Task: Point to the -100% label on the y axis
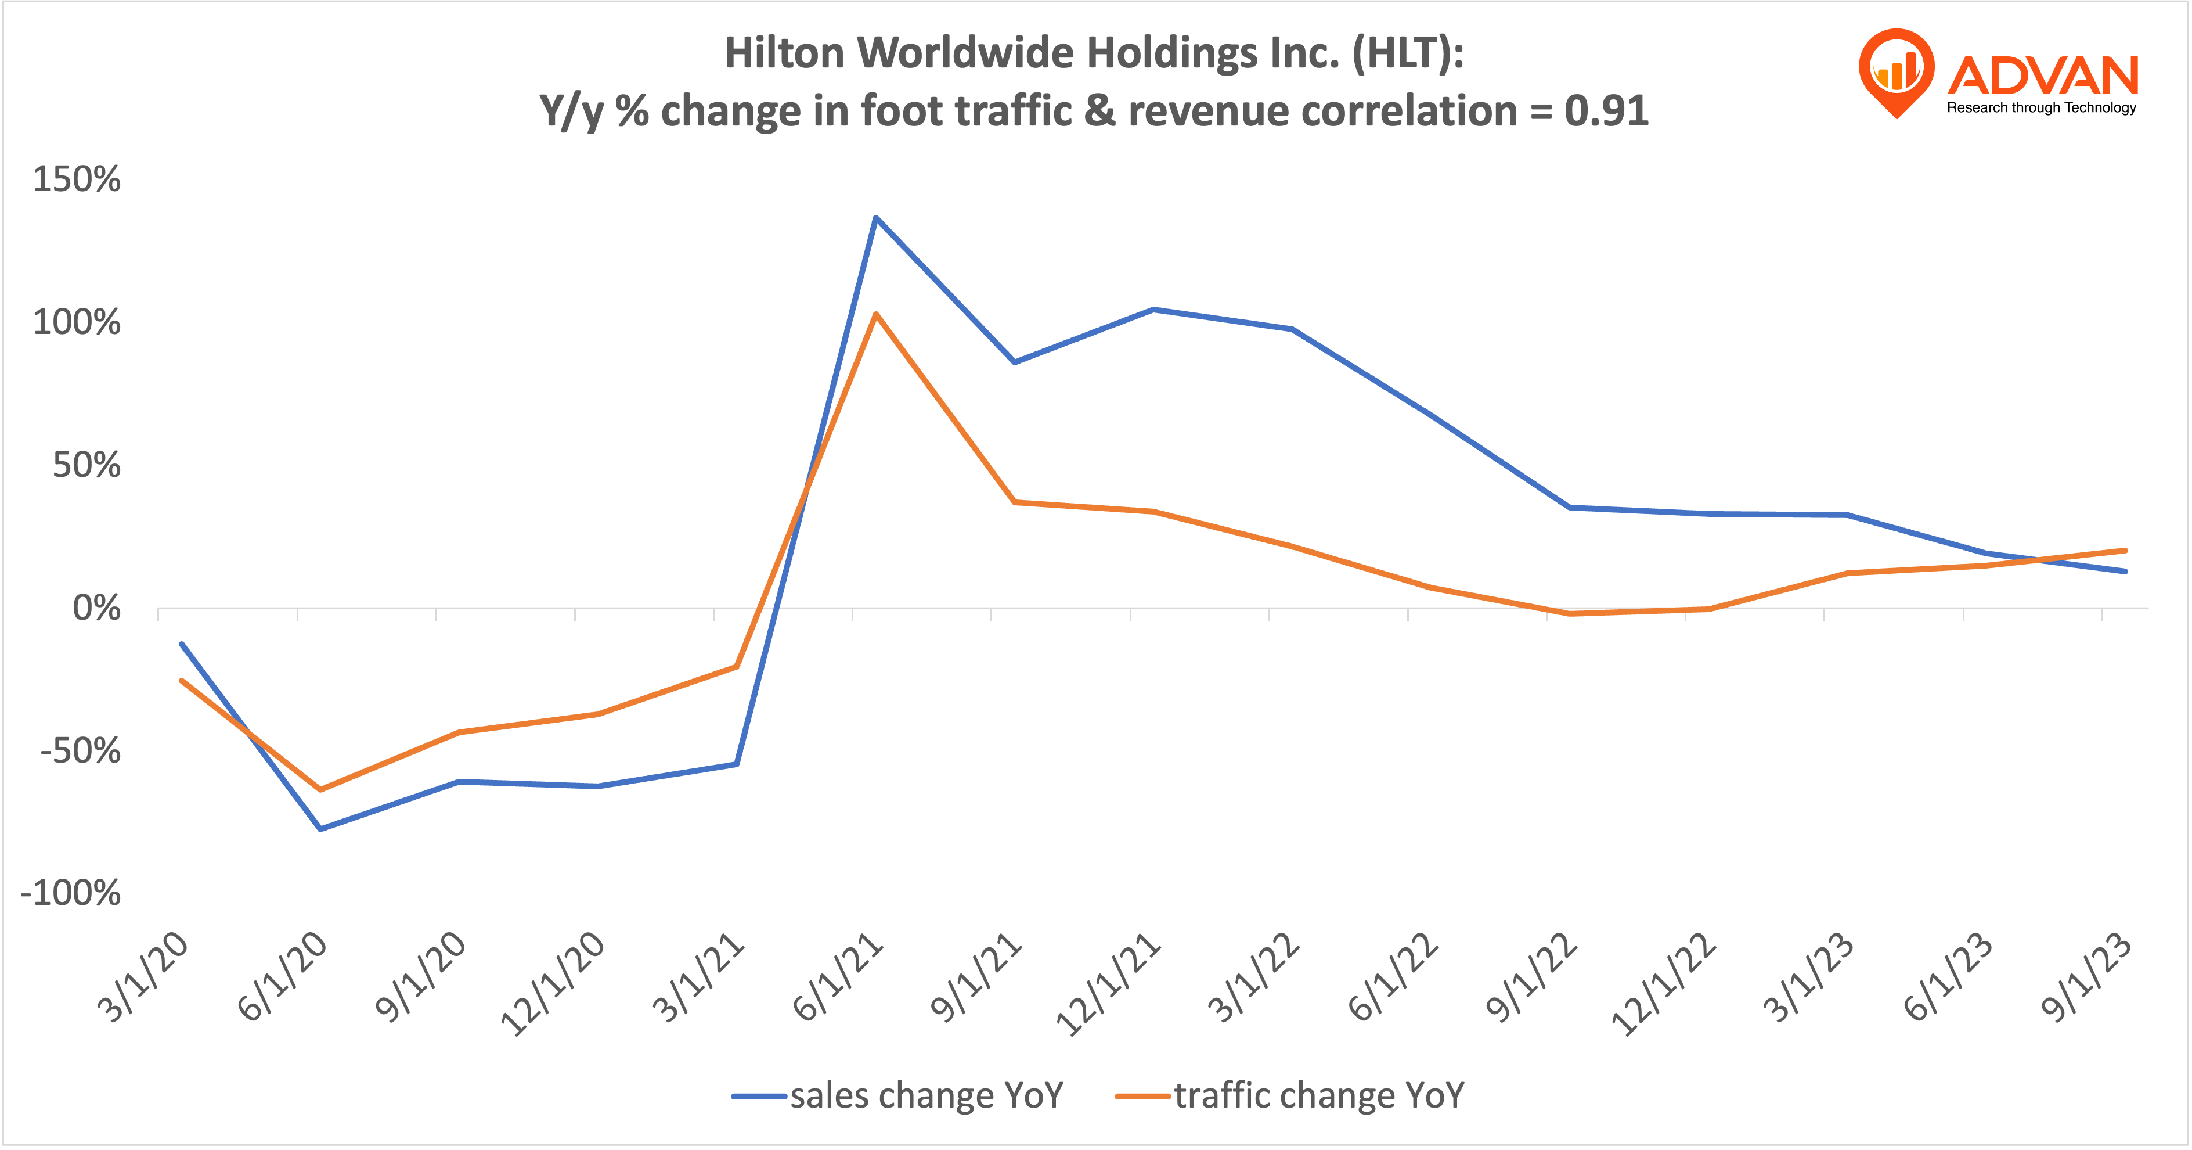point(71,894)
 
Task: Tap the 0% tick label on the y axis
point(96,609)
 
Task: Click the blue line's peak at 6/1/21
point(875,218)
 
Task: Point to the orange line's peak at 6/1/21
point(875,314)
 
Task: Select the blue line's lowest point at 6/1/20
point(320,828)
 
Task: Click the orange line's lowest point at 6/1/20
point(320,790)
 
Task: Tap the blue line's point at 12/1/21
point(1153,310)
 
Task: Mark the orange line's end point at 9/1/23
point(2125,551)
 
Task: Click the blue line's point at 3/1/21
point(736,764)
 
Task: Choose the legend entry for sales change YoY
point(897,1095)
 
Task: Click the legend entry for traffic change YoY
point(1290,1095)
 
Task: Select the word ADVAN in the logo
point(2042,77)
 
